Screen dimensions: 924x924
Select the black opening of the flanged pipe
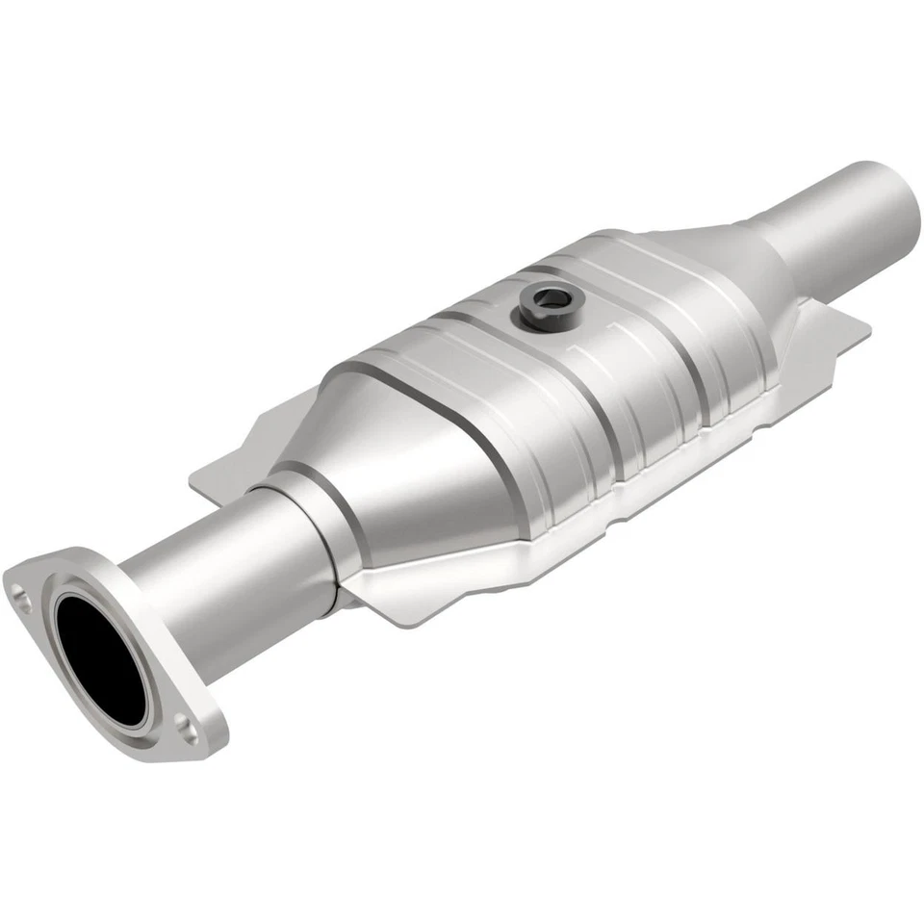coord(101,659)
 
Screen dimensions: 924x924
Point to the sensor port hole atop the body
coord(550,299)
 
